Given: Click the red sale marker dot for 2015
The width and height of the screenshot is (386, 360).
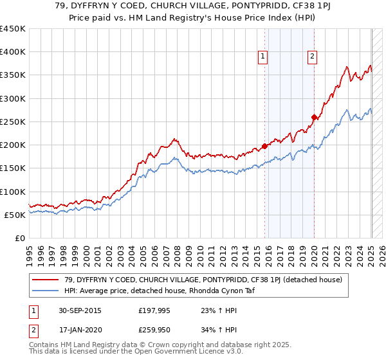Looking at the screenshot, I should pos(264,145).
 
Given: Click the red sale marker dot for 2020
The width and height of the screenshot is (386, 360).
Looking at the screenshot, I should pos(314,117).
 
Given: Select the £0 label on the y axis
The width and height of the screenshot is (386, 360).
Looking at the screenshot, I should pos(19,238).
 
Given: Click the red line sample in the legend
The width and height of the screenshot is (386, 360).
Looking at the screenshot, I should pos(46,279).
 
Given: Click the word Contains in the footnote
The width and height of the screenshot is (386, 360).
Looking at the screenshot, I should pos(45,346).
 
